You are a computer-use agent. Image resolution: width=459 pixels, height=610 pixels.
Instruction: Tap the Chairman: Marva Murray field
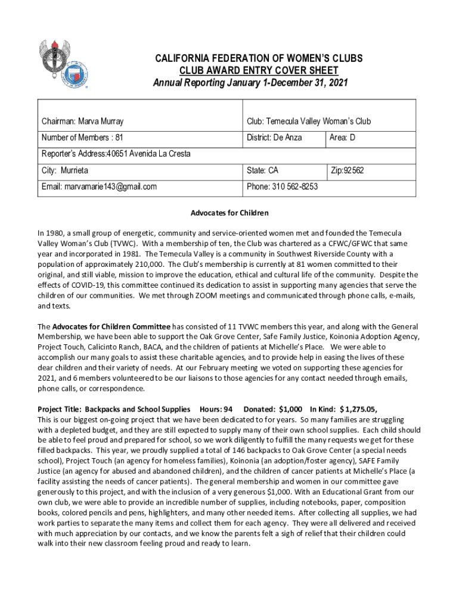click(83, 122)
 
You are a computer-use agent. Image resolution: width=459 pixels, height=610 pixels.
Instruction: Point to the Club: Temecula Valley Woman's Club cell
click(309, 122)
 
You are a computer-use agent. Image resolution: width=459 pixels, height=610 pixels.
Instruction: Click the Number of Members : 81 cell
click(82, 138)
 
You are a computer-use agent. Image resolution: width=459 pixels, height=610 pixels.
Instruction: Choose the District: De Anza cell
click(274, 138)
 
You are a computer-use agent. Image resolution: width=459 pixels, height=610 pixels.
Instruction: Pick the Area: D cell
click(343, 138)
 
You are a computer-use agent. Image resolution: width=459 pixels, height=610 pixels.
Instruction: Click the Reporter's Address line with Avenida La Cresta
click(116, 154)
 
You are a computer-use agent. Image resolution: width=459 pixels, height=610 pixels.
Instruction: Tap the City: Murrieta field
click(65, 170)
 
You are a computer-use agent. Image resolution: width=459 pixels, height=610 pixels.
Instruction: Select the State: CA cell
click(262, 170)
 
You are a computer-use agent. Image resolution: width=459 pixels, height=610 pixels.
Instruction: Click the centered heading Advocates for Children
click(229, 213)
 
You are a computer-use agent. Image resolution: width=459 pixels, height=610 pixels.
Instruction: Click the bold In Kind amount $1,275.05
click(358, 409)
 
